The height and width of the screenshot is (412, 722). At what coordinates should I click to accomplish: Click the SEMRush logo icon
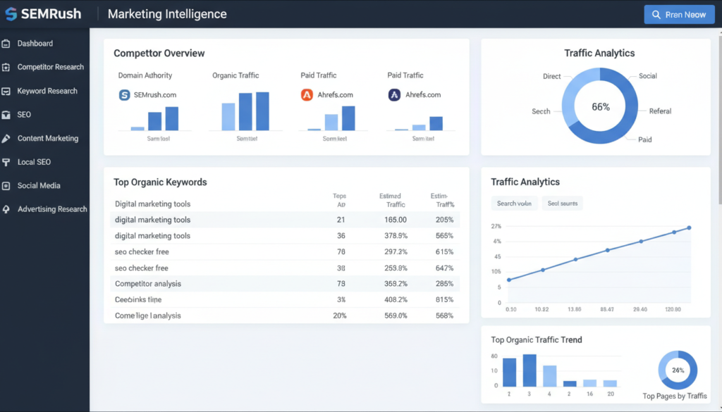[x=12, y=14]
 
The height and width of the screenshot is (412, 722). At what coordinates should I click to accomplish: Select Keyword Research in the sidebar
[x=47, y=91]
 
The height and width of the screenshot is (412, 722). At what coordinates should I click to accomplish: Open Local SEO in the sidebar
[x=34, y=162]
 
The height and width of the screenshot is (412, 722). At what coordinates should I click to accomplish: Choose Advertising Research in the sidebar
[x=52, y=209]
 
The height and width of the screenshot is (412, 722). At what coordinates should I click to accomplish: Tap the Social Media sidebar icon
[x=6, y=186]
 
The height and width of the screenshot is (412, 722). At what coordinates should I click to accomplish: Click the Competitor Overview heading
[x=159, y=54]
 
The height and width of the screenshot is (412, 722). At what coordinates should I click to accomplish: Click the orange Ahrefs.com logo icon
[x=307, y=94]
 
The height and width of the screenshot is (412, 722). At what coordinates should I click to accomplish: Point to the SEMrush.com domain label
[x=155, y=94]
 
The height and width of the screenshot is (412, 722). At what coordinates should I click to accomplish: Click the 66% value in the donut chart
[x=601, y=107]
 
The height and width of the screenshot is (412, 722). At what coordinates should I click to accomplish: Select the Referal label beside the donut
[x=660, y=111]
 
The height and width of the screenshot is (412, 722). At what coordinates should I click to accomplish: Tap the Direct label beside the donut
[x=552, y=76]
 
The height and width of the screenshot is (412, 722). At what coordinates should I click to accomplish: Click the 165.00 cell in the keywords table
[x=396, y=220]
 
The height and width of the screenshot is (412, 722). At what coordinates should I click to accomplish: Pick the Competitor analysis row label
[x=148, y=284]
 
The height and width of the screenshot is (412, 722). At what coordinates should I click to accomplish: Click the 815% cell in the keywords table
[x=444, y=299]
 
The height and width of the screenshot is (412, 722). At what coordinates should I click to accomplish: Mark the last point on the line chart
[x=689, y=227]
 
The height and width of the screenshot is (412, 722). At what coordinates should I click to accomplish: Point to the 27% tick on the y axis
[x=496, y=227]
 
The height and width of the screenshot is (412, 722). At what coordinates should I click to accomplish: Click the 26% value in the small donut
[x=678, y=370]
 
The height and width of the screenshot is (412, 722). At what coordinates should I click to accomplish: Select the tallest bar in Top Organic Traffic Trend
[x=530, y=370]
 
